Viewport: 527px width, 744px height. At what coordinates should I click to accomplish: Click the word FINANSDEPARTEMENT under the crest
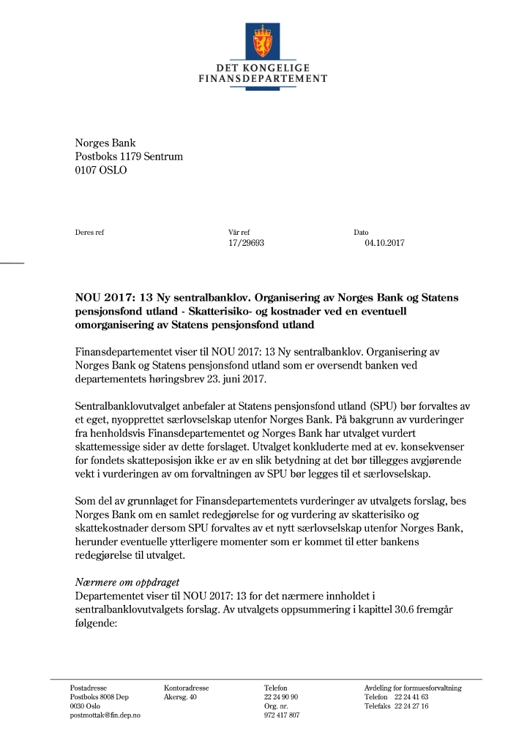pyautogui.click(x=263, y=78)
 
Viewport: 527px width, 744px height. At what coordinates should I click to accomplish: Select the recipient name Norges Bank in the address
pyautogui.click(x=105, y=143)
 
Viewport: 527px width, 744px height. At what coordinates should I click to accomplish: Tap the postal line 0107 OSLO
pyautogui.click(x=101, y=170)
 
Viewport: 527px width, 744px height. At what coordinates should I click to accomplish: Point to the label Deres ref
pyautogui.click(x=89, y=233)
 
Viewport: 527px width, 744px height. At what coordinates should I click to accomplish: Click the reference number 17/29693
pyautogui.click(x=246, y=244)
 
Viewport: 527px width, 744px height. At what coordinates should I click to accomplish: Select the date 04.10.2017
pyautogui.click(x=384, y=244)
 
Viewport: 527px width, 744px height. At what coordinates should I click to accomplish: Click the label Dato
pyautogui.click(x=361, y=233)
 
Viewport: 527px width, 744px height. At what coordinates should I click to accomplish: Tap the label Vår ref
pyautogui.click(x=239, y=233)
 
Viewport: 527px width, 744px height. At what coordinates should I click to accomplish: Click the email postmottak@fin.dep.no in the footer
pyautogui.click(x=105, y=715)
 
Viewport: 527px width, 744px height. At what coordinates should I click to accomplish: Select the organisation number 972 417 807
pyautogui.click(x=282, y=715)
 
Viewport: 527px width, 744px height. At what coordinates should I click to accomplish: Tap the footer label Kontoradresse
pyautogui.click(x=186, y=688)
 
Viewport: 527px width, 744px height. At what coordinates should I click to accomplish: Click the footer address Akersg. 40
pyautogui.click(x=180, y=697)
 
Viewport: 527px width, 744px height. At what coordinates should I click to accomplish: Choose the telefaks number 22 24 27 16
pyautogui.click(x=411, y=706)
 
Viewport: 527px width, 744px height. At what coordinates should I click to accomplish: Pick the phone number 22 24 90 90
pyautogui.click(x=281, y=697)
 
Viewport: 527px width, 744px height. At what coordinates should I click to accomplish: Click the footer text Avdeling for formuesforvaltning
pyautogui.click(x=413, y=688)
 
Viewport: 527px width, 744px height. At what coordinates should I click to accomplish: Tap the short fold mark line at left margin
pyautogui.click(x=12, y=262)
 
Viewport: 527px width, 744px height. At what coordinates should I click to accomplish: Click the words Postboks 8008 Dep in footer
pyautogui.click(x=99, y=697)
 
